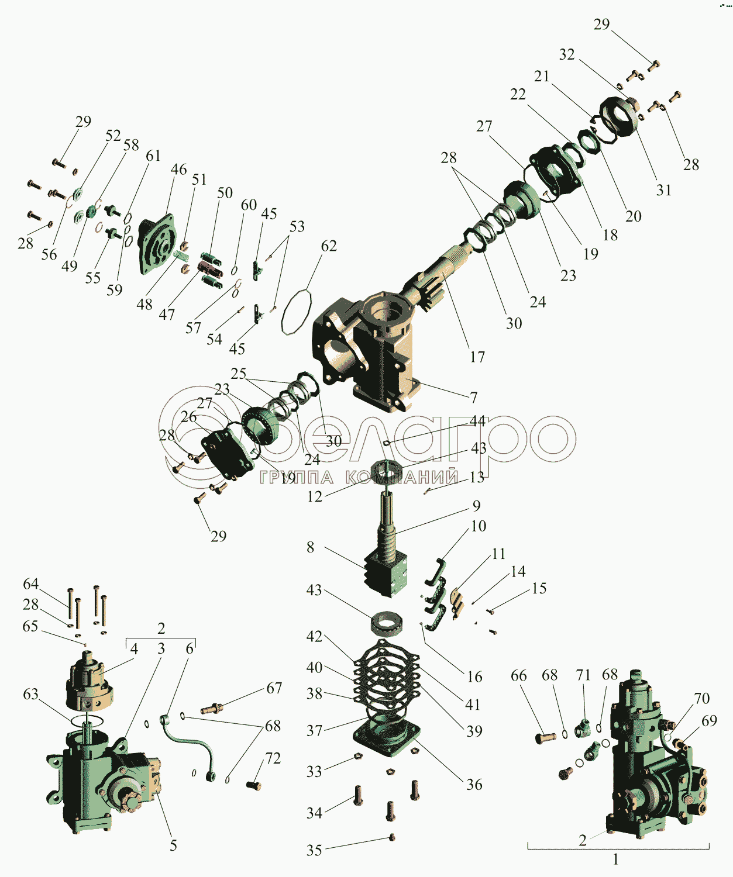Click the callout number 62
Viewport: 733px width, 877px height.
(329, 246)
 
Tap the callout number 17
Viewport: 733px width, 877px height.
(477, 357)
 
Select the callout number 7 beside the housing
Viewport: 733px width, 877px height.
(474, 397)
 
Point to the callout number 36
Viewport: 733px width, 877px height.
(474, 785)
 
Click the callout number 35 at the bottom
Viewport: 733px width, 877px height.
(314, 850)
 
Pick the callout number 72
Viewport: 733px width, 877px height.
(273, 758)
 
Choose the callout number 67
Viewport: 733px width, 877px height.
(274, 688)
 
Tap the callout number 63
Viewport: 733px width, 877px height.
(30, 694)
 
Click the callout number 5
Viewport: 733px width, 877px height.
(173, 845)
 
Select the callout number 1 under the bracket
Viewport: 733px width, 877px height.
(616, 860)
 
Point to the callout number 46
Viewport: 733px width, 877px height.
(178, 170)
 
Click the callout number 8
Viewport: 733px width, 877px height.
(310, 547)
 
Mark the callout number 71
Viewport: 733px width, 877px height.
(583, 675)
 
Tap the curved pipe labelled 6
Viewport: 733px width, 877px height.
(188, 742)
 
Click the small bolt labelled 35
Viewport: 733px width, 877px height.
(392, 837)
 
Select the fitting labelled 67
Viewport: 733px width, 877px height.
(212, 709)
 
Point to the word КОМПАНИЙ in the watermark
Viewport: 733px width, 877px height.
(402, 477)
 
